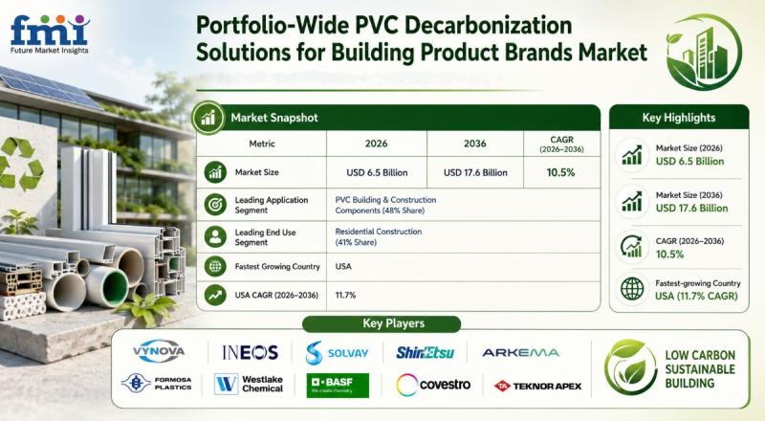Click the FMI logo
[50, 34]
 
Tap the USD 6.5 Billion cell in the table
[377, 172]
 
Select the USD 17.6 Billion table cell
[475, 172]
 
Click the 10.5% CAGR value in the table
[560, 172]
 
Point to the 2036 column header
[474, 144]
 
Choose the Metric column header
[262, 144]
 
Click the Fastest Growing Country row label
[277, 267]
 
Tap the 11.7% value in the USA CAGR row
[345, 295]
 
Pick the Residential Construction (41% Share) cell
[378, 237]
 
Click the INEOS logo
[250, 352]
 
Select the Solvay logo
[337, 353]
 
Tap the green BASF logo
[338, 386]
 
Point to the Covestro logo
[433, 385]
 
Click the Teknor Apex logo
[537, 387]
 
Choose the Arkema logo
[520, 353]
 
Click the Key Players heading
[393, 323]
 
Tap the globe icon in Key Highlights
[632, 289]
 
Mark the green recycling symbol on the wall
[20, 165]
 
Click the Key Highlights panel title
[679, 118]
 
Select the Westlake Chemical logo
[249, 384]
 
